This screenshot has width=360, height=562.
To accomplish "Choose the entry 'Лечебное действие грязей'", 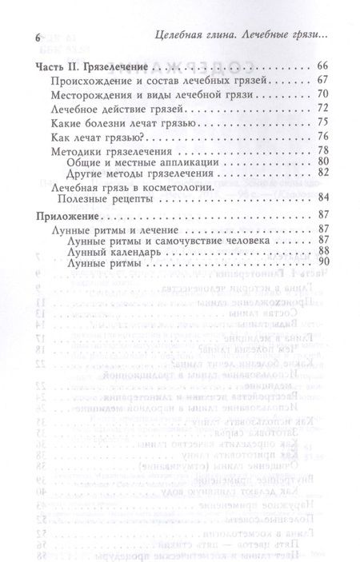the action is point(111,108).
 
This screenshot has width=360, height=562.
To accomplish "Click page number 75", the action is point(323,122).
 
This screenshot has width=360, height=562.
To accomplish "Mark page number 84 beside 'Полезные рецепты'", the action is point(323,197).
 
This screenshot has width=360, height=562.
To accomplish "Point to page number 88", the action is point(323,251).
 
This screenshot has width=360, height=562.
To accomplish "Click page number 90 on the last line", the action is point(323,261).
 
